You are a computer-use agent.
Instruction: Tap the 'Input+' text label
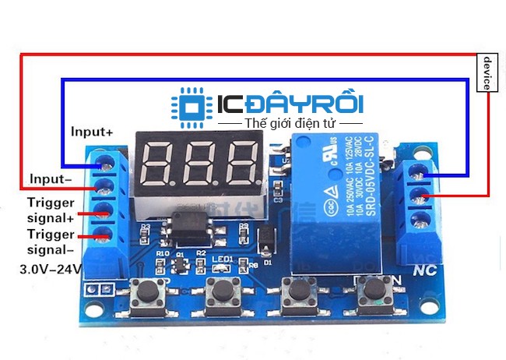(x=92, y=132)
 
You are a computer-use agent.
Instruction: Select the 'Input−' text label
(x=51, y=178)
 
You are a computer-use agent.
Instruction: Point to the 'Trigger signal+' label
(x=51, y=210)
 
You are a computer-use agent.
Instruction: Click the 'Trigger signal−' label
(x=51, y=242)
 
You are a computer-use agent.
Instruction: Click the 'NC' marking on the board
(x=423, y=272)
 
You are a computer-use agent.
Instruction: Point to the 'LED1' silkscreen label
(x=223, y=259)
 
